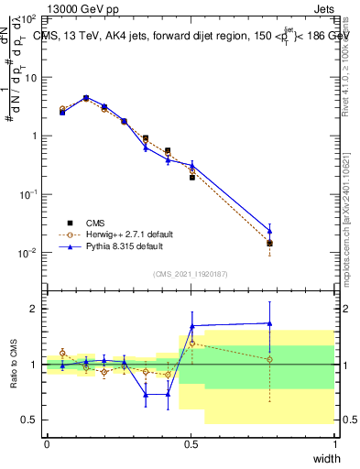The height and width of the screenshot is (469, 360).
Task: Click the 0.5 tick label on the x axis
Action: point(191,443)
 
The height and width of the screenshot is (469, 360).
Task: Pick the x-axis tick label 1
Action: point(334,443)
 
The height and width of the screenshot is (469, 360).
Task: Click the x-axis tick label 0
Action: point(47,443)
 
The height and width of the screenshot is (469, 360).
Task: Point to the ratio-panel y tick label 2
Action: point(34,309)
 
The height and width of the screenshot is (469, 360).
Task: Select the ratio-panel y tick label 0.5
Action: point(30,420)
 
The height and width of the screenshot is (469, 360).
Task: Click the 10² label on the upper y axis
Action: point(30,19)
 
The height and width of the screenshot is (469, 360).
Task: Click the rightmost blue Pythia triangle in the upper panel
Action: point(270,231)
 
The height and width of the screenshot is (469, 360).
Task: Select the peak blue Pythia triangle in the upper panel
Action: point(86,97)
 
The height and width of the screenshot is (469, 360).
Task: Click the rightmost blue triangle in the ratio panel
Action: point(270,322)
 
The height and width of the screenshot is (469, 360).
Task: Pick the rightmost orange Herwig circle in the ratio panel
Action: point(270,359)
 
